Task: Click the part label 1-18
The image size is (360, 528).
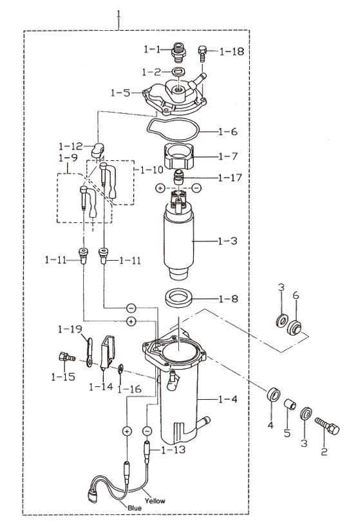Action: [x=232, y=52]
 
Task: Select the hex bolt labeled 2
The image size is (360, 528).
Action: [x=327, y=426]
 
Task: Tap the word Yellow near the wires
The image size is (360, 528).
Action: [x=155, y=501]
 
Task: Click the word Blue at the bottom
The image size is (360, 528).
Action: [x=135, y=508]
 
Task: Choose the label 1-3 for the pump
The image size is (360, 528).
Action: [x=227, y=241]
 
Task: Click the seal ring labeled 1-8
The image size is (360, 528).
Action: [x=178, y=297]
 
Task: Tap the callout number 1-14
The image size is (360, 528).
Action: [x=101, y=386]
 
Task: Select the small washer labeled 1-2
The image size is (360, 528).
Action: [x=179, y=71]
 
